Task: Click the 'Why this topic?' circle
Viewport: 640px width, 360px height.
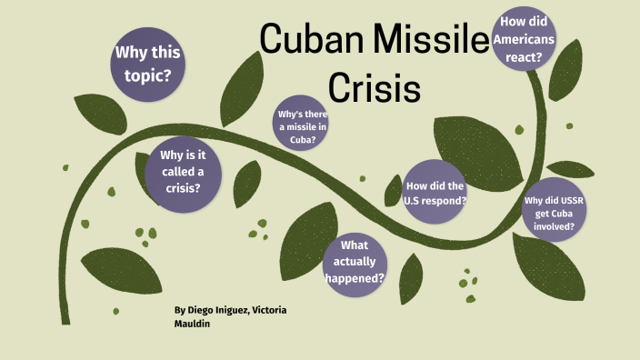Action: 148,64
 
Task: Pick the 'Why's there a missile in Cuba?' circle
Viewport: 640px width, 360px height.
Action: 304,127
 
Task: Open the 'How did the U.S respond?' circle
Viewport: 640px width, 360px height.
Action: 435,192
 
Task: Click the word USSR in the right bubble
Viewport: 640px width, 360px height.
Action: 562,201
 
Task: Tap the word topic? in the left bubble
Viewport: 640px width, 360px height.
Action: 148,75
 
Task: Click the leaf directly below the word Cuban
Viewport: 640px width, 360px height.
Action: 240,79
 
